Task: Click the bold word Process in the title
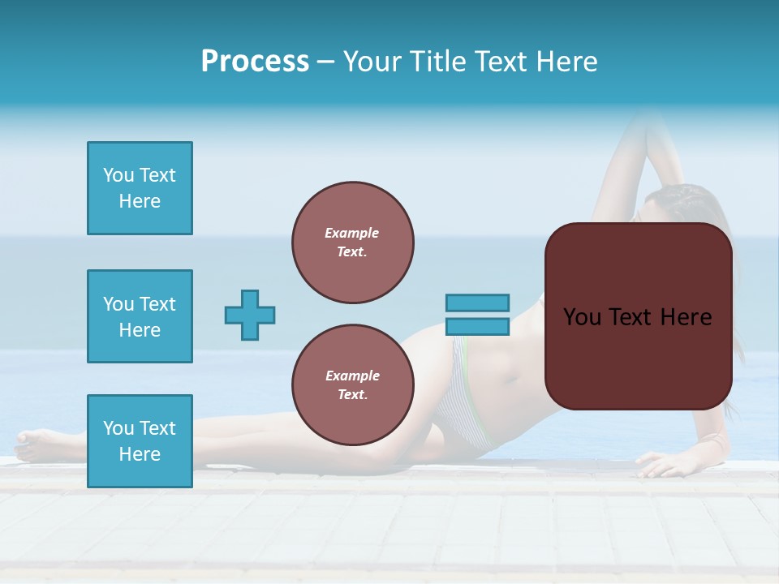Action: click(x=255, y=62)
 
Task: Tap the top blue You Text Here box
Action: click(x=140, y=188)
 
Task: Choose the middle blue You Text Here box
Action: click(x=140, y=316)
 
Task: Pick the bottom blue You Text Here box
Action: click(x=140, y=441)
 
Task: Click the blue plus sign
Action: click(x=250, y=315)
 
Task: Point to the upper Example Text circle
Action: click(x=352, y=243)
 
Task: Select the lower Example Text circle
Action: click(x=352, y=385)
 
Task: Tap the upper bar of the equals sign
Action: click(x=477, y=303)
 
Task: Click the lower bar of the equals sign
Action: click(x=477, y=326)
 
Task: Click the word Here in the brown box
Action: click(x=686, y=317)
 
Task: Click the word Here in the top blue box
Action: click(x=140, y=201)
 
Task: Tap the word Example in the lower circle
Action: click(x=352, y=376)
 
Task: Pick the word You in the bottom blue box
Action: click(x=118, y=428)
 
